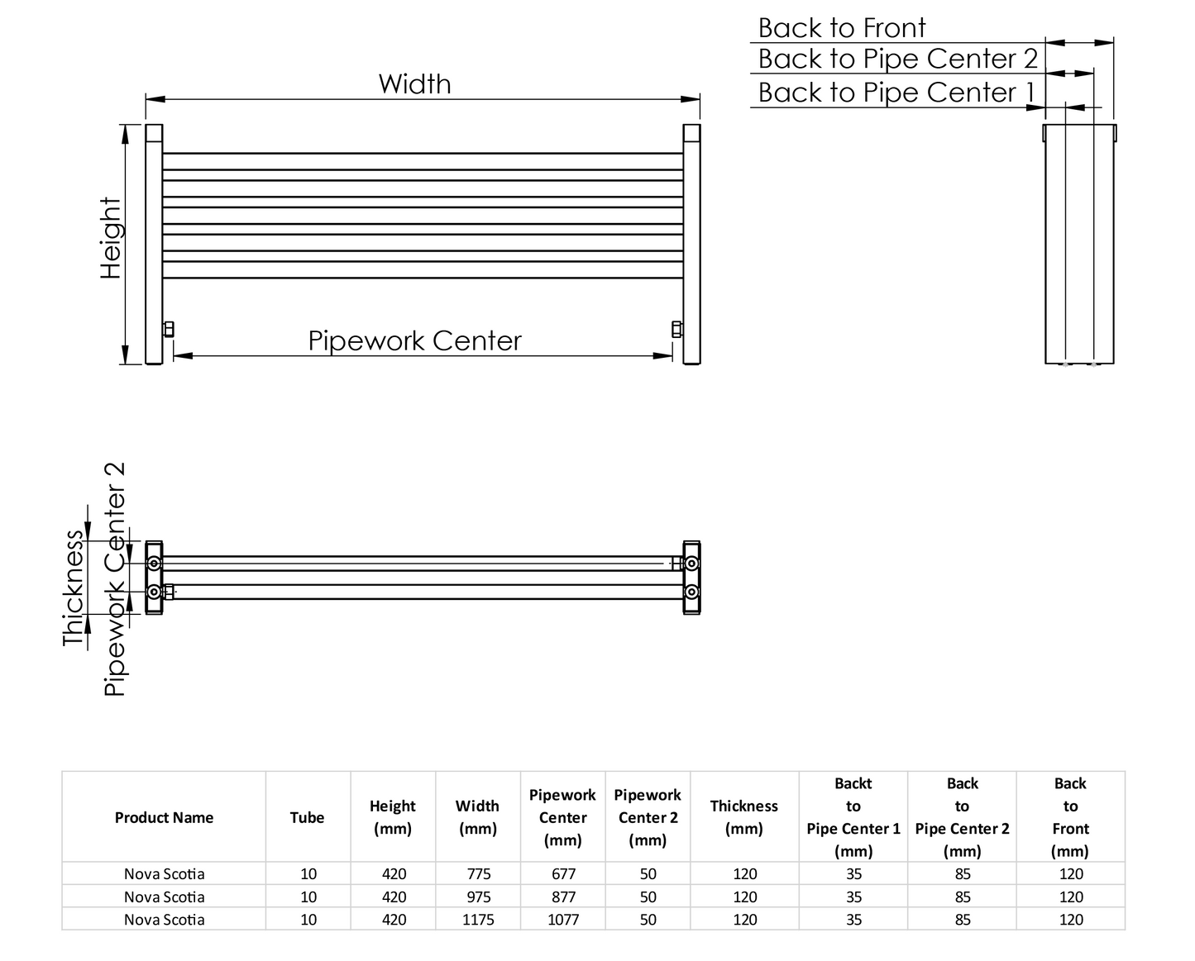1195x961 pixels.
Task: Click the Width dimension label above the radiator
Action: coord(414,84)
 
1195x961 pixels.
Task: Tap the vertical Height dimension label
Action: coord(111,238)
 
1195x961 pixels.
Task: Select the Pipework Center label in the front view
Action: coord(414,340)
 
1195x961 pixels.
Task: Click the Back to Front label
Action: coord(841,28)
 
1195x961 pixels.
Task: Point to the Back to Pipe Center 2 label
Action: coord(897,59)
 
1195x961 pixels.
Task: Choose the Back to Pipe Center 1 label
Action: coord(896,93)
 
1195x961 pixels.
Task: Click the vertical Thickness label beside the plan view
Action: coord(74,588)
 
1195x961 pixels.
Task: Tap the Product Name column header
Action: coord(164,817)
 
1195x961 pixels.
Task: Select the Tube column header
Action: coord(307,817)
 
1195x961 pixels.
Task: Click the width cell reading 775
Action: coord(478,874)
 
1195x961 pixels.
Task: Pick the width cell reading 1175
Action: coord(478,920)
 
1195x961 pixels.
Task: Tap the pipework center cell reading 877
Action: coord(562,897)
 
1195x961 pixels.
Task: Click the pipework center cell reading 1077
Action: coord(562,920)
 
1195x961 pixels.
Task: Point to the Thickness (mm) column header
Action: coord(743,817)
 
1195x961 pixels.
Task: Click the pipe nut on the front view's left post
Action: coord(169,329)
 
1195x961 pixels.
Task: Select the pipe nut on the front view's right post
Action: coord(676,329)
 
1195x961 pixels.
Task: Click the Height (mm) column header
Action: coord(393,817)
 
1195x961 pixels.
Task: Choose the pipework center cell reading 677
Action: coord(562,874)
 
